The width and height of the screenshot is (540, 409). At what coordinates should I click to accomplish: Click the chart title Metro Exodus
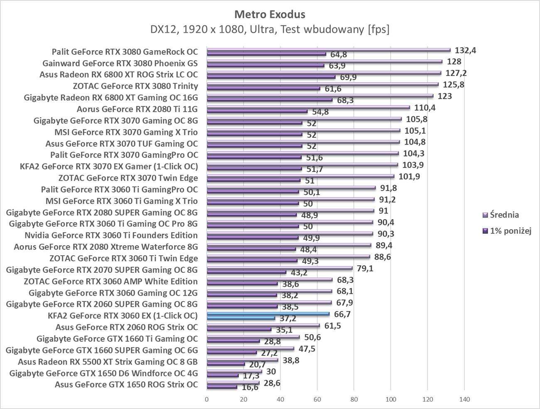(270, 14)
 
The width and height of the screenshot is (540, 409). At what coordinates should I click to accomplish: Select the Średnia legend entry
(504, 215)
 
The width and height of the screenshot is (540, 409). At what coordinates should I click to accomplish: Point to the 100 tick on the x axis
(390, 399)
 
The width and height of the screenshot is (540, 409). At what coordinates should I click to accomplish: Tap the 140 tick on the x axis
(464, 399)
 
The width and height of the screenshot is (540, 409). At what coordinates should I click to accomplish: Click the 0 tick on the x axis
(207, 399)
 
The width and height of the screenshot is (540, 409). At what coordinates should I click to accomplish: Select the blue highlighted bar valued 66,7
(268, 314)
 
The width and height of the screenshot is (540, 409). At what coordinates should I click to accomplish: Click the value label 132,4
(466, 51)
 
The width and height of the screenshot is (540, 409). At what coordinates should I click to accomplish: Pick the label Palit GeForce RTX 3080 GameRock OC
(125, 52)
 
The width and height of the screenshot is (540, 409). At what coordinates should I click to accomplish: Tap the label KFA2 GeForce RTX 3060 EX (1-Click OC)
(123, 316)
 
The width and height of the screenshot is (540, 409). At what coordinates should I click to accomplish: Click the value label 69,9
(348, 77)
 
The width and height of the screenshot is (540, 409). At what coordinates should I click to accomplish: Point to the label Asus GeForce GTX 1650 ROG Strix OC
(126, 385)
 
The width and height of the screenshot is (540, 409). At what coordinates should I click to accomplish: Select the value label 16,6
(250, 387)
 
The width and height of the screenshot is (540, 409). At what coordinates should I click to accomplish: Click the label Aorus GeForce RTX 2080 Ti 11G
(137, 109)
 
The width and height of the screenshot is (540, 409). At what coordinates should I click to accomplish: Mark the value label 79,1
(365, 268)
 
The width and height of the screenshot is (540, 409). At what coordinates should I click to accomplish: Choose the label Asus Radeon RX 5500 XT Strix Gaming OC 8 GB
(108, 362)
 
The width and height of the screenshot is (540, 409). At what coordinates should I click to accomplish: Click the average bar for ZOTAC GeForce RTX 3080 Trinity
(322, 84)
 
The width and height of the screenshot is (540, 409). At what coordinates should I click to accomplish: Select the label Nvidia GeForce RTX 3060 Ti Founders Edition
(111, 235)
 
